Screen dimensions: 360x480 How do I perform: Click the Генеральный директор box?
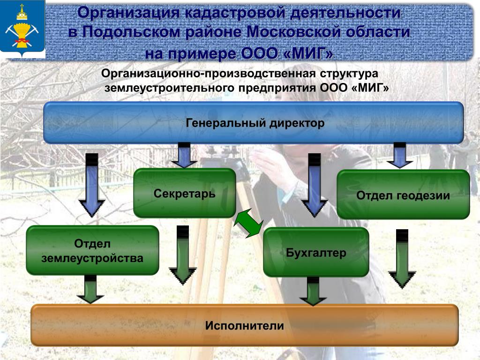pyautogui.click(x=253, y=123)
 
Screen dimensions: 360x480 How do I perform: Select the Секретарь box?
pyautogui.click(x=185, y=193)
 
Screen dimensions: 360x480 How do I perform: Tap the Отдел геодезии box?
pyautogui.click(x=403, y=195)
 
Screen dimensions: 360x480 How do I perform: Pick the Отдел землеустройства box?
pyautogui.click(x=92, y=250)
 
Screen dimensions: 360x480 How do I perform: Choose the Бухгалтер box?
pyautogui.click(x=316, y=253)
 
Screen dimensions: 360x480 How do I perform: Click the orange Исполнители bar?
pyautogui.click(x=244, y=325)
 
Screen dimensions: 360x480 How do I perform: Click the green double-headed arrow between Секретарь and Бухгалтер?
pyautogui.click(x=249, y=223)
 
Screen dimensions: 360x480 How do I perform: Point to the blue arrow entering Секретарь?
pyautogui.click(x=184, y=155)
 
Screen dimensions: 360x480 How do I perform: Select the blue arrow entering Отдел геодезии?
pyautogui.click(x=399, y=155)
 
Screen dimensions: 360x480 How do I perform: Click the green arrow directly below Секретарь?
pyautogui.click(x=183, y=256)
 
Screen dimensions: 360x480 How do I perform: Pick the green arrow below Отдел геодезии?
pyautogui.click(x=402, y=259)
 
